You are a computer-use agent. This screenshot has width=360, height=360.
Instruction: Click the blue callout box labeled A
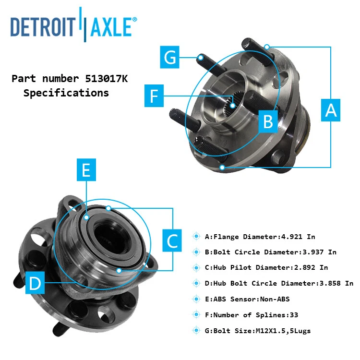[x=331, y=110]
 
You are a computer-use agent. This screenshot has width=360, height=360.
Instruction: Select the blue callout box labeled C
[x=173, y=240]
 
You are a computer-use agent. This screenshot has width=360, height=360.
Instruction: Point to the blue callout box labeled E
[x=86, y=171]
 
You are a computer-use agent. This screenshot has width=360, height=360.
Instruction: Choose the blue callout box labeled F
[x=154, y=96]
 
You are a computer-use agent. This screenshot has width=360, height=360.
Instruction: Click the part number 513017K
[x=104, y=78]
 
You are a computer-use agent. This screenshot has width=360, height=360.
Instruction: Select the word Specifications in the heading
[x=66, y=93]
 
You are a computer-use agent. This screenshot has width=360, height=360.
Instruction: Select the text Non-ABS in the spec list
[x=274, y=299]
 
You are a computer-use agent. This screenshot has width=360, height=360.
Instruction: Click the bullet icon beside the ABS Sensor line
[x=196, y=299]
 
